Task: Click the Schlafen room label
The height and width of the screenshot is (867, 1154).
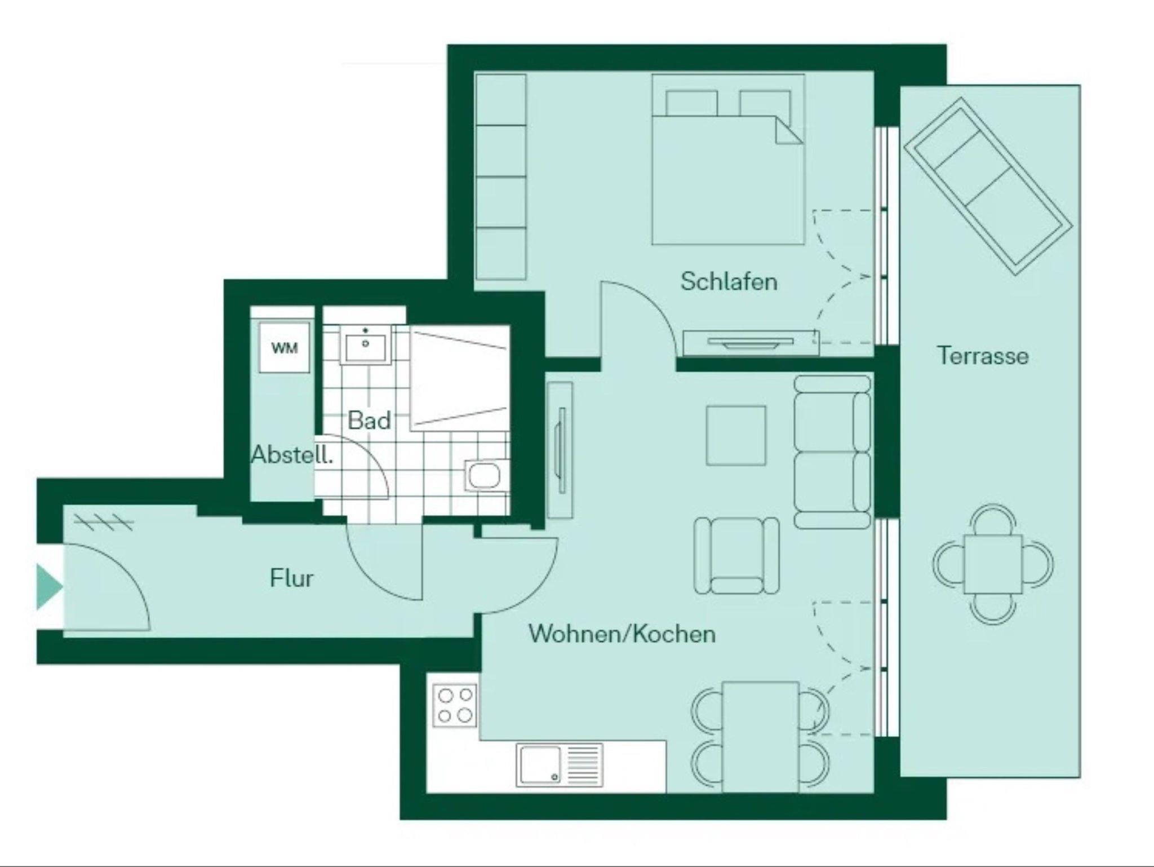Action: [729, 281]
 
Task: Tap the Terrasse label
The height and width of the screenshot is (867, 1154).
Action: [983, 356]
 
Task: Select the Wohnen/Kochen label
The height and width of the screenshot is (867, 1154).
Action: [622, 634]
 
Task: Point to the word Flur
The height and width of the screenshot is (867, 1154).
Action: [291, 578]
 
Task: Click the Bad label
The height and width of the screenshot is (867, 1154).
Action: [369, 420]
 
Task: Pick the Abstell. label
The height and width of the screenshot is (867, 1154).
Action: [292, 454]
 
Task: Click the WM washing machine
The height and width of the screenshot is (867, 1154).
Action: [284, 347]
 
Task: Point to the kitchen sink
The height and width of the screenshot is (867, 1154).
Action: [559, 765]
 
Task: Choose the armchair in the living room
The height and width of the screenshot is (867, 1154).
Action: [736, 556]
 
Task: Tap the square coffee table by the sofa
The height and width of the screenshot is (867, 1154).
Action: [736, 436]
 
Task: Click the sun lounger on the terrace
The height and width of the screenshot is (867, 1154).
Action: [987, 186]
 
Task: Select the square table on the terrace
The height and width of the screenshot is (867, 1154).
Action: [993, 564]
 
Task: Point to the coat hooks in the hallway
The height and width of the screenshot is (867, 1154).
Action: [104, 523]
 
